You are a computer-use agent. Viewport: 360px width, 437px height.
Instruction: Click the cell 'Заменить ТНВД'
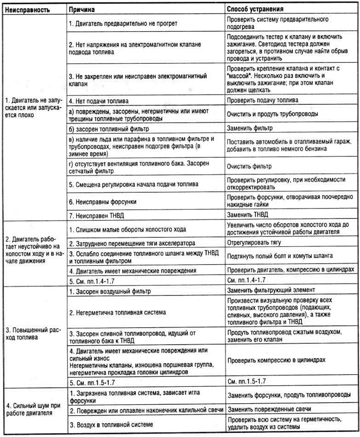[249, 217]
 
